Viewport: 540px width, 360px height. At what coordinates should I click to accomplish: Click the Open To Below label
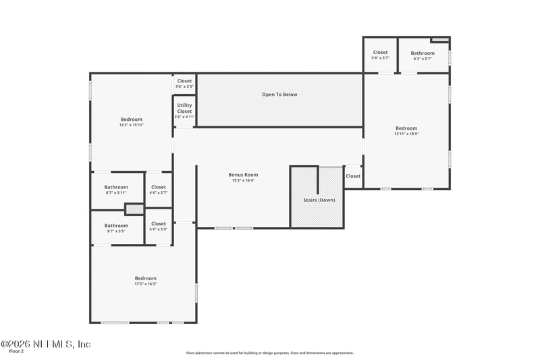coord(279,95)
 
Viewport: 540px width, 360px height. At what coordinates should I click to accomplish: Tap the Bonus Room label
coord(243,175)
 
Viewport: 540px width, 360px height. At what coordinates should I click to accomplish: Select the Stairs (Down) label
coord(317,201)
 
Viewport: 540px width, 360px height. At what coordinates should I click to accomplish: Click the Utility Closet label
coord(184,108)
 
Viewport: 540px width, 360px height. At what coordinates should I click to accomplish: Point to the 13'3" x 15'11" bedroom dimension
coord(132,125)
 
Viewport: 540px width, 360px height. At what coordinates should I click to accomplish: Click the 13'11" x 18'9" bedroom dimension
coord(406,134)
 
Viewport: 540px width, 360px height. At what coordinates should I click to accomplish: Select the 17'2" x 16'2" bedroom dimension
coord(145,284)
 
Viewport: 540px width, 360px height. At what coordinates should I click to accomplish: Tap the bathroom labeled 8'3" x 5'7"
coord(423,59)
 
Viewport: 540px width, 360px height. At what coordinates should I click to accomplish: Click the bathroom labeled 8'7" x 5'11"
coord(116,192)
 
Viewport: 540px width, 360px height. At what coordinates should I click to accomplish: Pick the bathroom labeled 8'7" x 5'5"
coord(116,231)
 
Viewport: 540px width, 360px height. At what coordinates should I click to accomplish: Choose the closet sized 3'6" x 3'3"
coord(184,86)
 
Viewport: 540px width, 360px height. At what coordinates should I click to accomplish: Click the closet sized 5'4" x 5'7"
coord(380,58)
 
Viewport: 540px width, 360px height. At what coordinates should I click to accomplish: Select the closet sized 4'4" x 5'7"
coord(159,192)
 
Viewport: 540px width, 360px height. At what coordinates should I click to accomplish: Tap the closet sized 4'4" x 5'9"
coord(159,229)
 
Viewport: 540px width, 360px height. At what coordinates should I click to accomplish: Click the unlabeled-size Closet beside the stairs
coord(353,176)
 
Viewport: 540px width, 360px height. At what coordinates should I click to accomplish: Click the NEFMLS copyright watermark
coord(45,344)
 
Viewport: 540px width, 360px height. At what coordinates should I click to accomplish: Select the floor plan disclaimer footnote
coord(270,353)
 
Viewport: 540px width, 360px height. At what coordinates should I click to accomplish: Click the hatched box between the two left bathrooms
coord(134,209)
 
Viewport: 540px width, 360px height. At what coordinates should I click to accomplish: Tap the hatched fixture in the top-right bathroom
coord(440,40)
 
